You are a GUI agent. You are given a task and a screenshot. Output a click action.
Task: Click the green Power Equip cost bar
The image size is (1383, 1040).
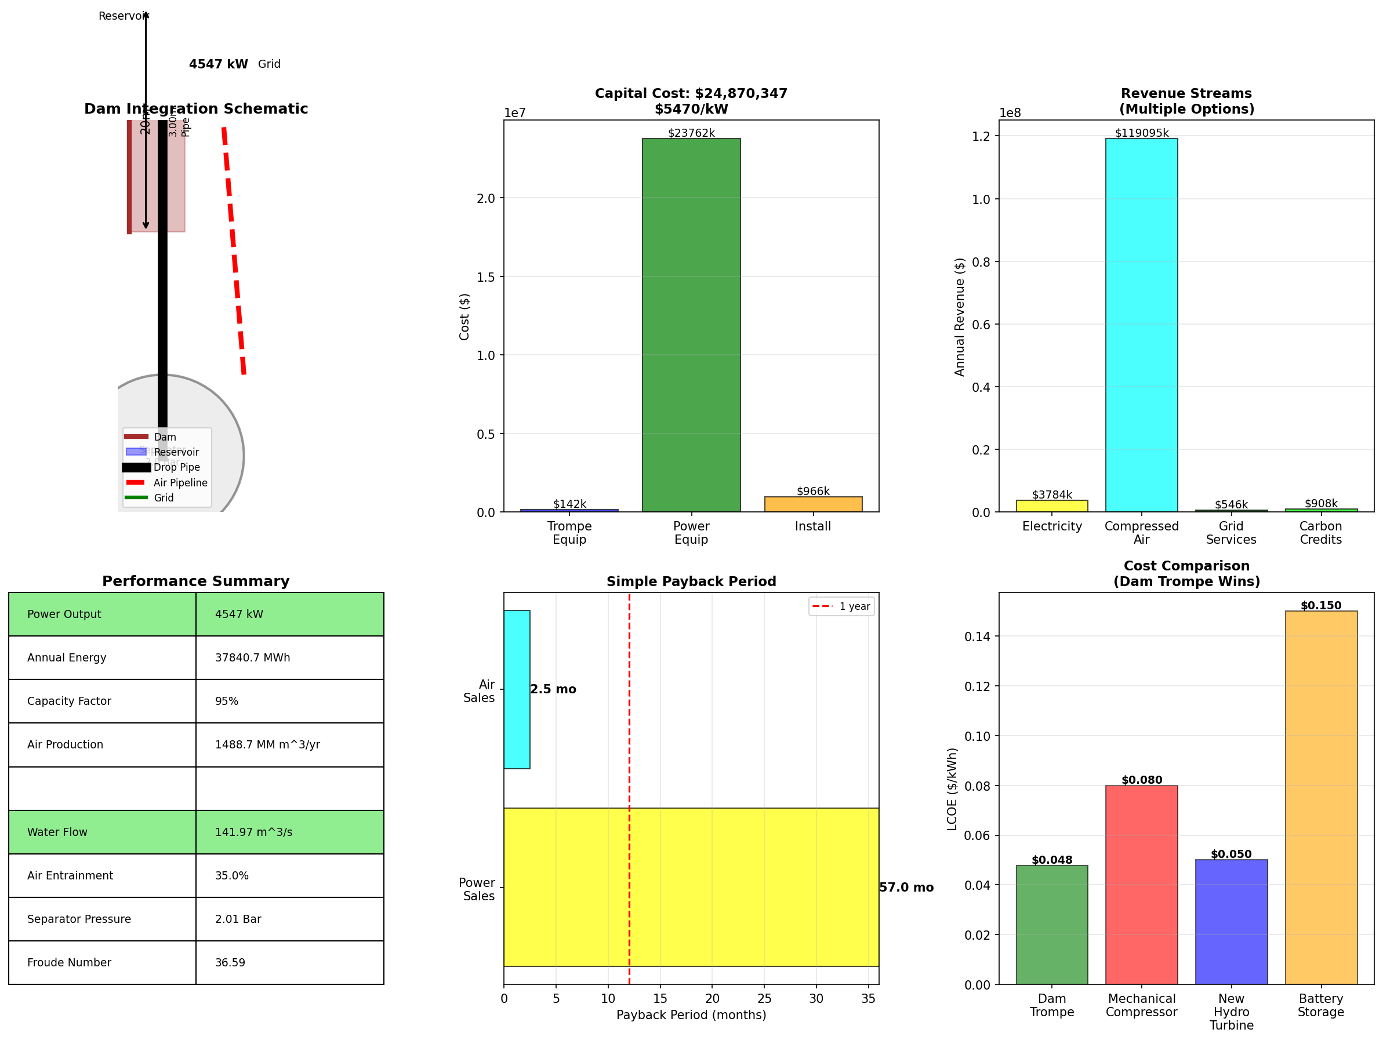click(691, 325)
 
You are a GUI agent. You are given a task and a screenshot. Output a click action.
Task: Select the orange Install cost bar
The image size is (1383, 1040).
click(813, 504)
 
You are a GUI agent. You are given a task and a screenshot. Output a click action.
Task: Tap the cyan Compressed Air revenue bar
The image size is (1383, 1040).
click(1141, 325)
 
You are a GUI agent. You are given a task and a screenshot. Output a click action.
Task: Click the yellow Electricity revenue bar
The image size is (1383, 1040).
click(1052, 506)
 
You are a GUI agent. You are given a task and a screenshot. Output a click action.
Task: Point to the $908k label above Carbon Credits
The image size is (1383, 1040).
click(1320, 503)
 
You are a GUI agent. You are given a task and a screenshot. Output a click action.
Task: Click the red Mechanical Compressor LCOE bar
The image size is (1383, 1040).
click(1141, 885)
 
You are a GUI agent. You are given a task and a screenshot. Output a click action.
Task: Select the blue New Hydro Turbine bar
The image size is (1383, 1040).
click(1231, 922)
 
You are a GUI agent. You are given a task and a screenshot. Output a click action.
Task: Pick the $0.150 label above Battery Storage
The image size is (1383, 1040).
click(1320, 605)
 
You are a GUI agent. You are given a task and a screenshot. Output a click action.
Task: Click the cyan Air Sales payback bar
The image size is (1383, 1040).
click(517, 689)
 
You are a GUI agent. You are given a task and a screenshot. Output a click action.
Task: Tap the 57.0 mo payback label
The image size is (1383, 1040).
click(906, 887)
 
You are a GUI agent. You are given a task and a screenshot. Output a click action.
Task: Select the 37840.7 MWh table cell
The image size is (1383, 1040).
click(253, 657)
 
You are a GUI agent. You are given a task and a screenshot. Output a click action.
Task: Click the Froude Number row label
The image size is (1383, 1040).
click(70, 962)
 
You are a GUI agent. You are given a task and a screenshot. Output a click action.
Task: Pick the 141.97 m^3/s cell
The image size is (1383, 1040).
click(254, 832)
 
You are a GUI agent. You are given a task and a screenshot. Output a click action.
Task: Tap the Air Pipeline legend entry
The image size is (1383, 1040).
click(180, 482)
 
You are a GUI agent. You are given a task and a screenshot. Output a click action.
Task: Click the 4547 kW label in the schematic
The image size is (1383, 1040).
click(218, 64)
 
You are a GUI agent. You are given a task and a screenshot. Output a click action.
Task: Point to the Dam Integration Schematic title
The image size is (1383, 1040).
click(195, 109)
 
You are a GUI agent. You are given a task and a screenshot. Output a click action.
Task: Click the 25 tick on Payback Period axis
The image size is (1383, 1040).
click(764, 999)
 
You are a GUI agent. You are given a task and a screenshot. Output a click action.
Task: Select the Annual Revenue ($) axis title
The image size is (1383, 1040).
click(959, 317)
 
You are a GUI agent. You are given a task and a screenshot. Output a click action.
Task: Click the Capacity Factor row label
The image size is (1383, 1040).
click(70, 701)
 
